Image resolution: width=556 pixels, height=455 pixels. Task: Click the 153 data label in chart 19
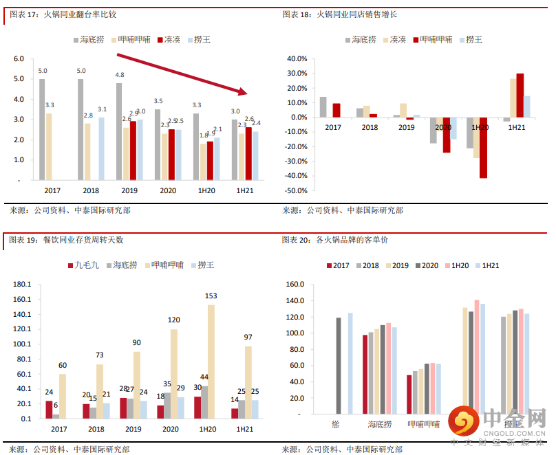[x=211, y=296]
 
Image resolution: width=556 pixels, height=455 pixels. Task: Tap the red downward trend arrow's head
[x=242, y=90]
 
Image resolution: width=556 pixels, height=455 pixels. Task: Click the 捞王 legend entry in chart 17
[x=197, y=40]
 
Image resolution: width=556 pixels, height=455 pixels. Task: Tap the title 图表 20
[x=295, y=240]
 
